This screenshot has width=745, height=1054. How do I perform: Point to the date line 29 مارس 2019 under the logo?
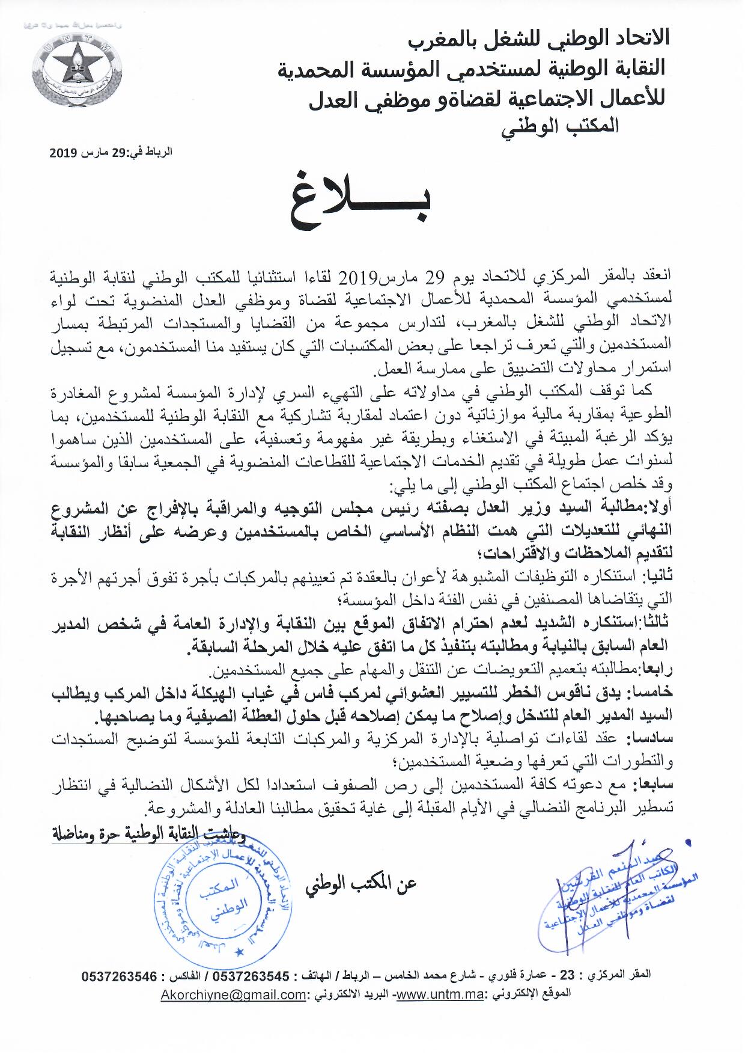point(111,152)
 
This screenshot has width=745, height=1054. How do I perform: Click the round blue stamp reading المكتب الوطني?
point(222,898)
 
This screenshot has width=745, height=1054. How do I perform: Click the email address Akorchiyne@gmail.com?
point(233,995)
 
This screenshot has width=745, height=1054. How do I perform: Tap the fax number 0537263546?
point(120,977)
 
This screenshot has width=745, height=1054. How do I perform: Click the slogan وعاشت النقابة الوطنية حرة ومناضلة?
point(150,835)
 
